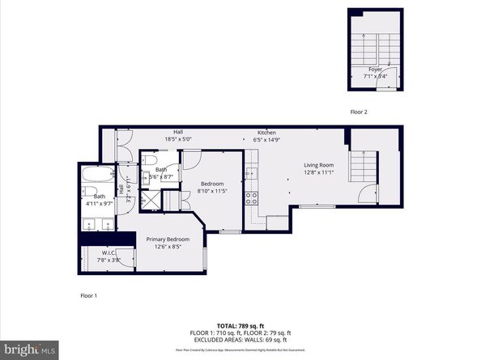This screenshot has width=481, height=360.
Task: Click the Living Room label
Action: (x=318, y=165)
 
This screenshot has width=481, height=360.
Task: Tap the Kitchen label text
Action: (x=267, y=133)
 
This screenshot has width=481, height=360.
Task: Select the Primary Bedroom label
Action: (x=168, y=239)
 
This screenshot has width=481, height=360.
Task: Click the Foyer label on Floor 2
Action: (x=375, y=70)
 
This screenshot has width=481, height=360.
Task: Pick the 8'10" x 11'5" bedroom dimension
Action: (x=213, y=192)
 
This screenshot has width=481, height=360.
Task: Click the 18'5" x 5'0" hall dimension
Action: (x=178, y=140)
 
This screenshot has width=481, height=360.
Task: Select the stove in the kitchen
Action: (x=251, y=196)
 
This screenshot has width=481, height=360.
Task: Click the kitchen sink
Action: (x=251, y=172)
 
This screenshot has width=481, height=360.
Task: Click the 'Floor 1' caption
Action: (x=88, y=296)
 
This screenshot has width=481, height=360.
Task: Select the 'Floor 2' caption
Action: (x=359, y=112)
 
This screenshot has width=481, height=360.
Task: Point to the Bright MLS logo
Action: (x=29, y=349)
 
